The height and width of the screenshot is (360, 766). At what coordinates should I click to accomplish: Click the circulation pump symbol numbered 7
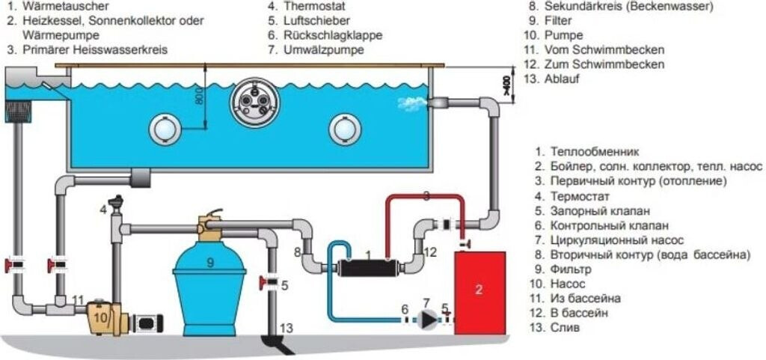427,320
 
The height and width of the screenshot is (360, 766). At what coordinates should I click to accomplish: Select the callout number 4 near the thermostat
103,210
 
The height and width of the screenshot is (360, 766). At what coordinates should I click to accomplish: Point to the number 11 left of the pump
78,300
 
